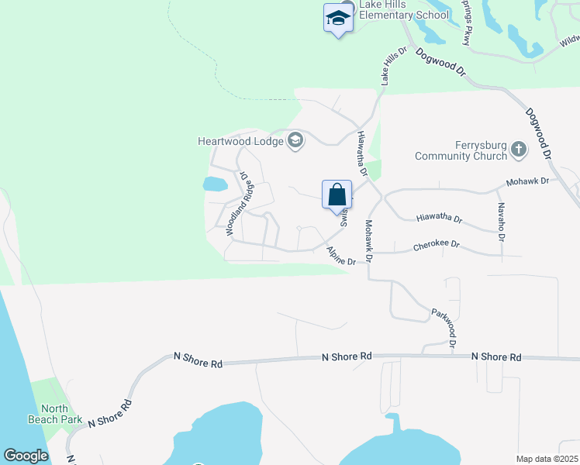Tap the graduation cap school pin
338,18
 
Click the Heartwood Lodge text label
240,141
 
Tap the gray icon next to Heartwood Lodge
295,140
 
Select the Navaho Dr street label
501,221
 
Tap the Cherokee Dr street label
437,245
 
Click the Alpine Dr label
340,256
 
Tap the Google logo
26,456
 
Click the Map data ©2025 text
546,459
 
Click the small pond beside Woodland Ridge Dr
215,184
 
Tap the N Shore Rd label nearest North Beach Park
110,413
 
